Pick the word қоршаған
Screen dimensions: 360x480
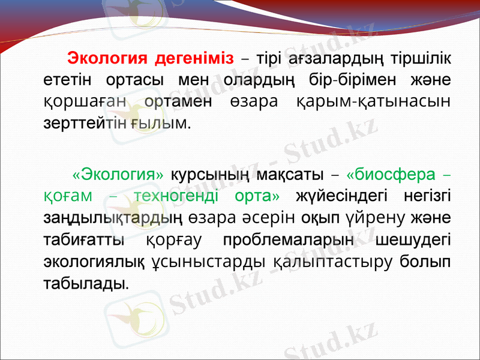point(83,101)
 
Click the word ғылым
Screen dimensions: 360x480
point(167,123)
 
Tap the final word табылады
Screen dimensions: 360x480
point(86,282)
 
